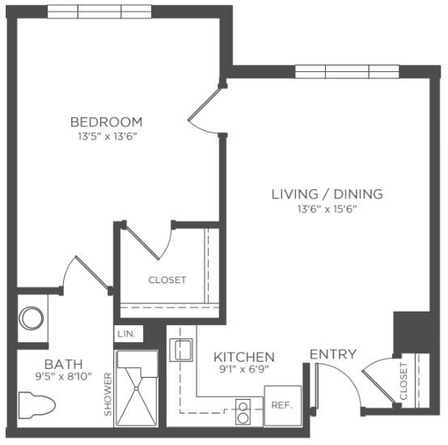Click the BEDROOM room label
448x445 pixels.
(x=106, y=122)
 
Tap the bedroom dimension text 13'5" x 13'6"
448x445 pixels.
(x=106, y=137)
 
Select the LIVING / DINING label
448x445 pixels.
(x=328, y=194)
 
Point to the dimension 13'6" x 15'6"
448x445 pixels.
(x=328, y=210)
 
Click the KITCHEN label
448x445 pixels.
(x=244, y=357)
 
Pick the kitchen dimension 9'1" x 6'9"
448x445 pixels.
(x=244, y=370)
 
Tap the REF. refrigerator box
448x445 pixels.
(x=282, y=405)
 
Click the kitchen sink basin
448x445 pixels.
(x=181, y=350)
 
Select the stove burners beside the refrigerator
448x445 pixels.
(x=243, y=412)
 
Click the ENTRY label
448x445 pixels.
(x=333, y=354)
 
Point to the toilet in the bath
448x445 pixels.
(x=37, y=405)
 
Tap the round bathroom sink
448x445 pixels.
(x=32, y=318)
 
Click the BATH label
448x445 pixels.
(x=63, y=364)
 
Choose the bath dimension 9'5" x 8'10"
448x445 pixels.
(x=63, y=377)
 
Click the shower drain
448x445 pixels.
(x=137, y=388)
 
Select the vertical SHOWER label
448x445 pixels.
(x=108, y=394)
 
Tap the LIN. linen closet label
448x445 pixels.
(x=127, y=334)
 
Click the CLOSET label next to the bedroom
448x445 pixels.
(x=167, y=280)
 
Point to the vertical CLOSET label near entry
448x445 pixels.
(x=404, y=381)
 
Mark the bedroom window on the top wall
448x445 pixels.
(x=99, y=11)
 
